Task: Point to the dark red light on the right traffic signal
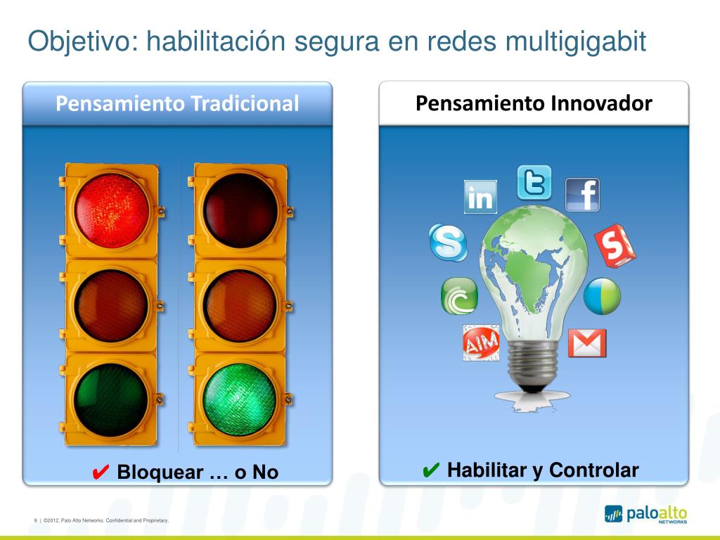point(239,209)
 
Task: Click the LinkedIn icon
point(481,197)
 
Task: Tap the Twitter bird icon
point(534,183)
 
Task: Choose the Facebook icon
point(583,195)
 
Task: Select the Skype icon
point(448,243)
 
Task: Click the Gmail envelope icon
point(587,343)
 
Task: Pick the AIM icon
point(481,343)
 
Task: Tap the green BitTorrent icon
point(459,296)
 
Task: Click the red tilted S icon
point(615,246)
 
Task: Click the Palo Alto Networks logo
point(645,515)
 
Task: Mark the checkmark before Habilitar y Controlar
point(430,470)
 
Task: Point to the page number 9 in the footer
point(35,520)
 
